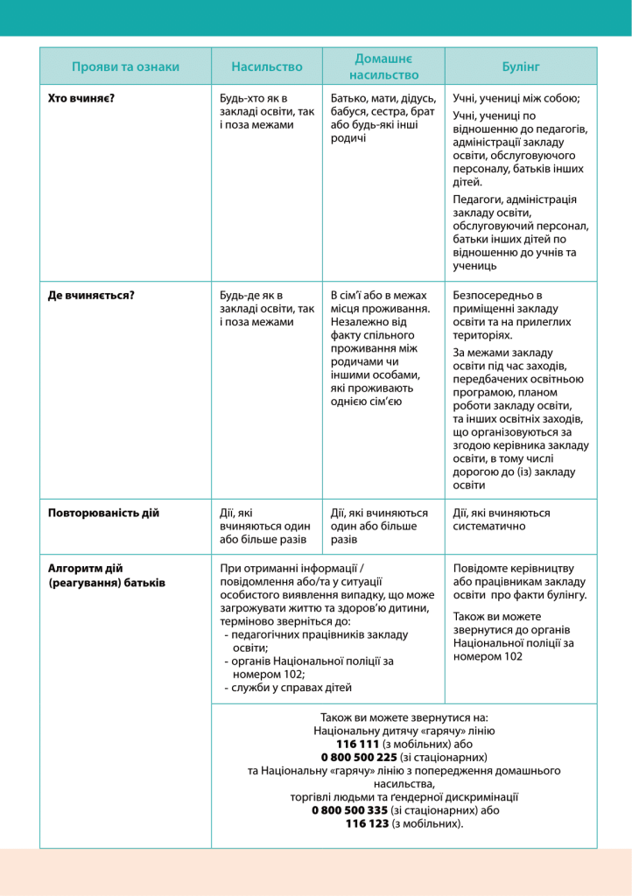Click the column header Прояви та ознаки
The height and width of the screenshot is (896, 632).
(125, 66)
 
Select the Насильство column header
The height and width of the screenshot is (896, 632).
(266, 66)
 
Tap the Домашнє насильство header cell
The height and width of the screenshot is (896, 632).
(383, 66)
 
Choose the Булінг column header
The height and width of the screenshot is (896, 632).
(521, 66)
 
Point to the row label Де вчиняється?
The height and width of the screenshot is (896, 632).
(91, 295)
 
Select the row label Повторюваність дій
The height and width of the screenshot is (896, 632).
(103, 513)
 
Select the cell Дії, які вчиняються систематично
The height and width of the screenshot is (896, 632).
(502, 520)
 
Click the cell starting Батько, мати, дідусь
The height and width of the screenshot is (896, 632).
(382, 118)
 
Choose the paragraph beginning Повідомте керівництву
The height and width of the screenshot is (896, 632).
(520, 581)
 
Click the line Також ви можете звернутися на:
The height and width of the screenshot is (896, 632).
(404, 716)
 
